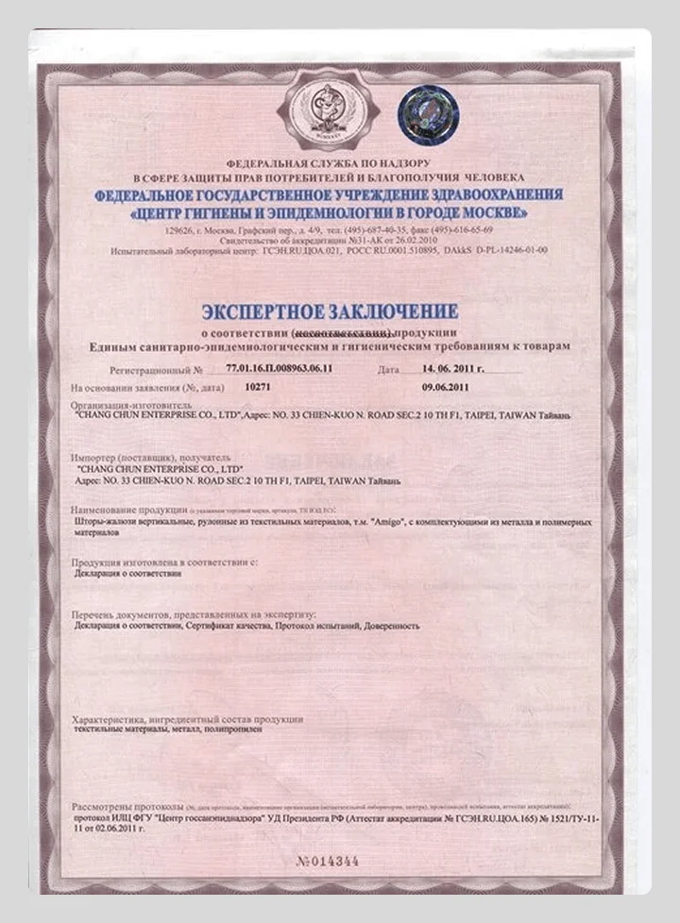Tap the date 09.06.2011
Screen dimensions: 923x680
[440, 387]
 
